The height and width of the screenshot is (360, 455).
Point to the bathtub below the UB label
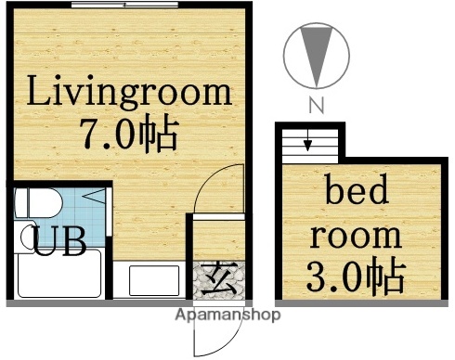(x=58, y=276)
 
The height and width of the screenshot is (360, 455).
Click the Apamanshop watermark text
(x=227, y=315)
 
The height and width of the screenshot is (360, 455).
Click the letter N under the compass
(x=315, y=106)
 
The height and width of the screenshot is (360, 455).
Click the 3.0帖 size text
(x=357, y=276)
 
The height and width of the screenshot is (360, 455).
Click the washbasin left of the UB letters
(x=24, y=237)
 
